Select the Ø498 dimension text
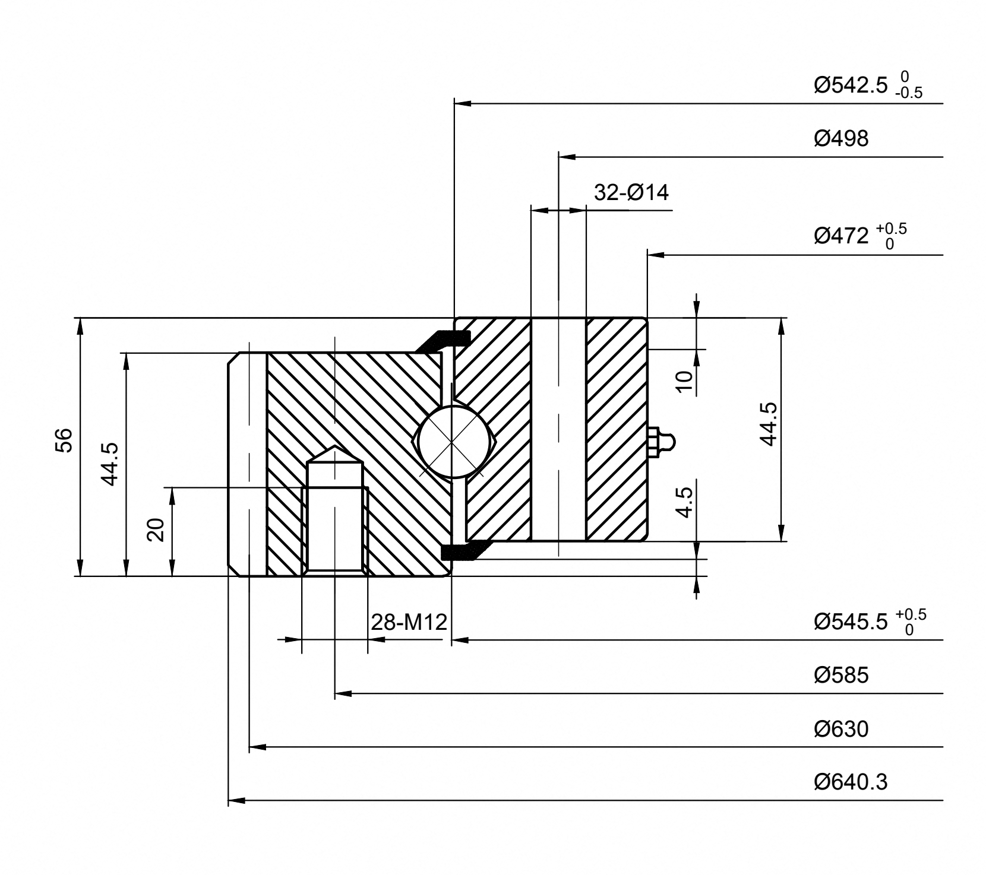coord(841,138)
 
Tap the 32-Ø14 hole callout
coord(631,192)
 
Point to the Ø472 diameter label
coord(861,236)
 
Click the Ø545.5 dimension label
coord(870,622)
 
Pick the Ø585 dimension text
coord(841,675)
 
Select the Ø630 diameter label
coord(841,728)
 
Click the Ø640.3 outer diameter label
coord(851,782)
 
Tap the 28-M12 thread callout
coord(409,622)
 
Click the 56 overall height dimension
coord(64,440)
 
